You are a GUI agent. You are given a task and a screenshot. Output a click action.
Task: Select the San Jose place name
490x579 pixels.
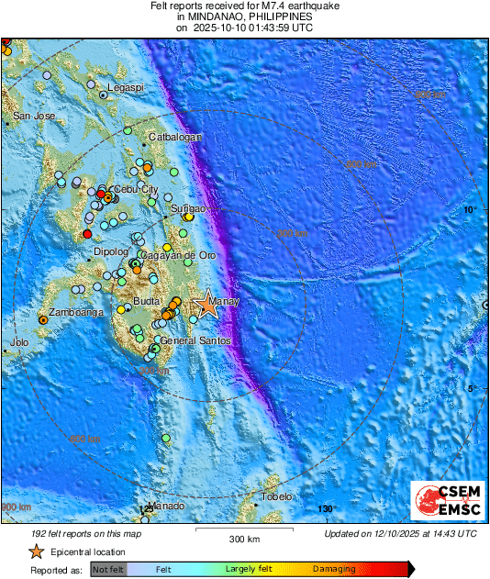click(x=33, y=117)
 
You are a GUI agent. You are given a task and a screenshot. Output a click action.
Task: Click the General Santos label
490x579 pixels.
click(x=195, y=340)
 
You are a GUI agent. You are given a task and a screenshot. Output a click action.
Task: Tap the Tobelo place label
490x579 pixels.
click(x=275, y=496)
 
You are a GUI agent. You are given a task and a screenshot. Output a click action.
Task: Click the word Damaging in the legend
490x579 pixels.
click(x=334, y=570)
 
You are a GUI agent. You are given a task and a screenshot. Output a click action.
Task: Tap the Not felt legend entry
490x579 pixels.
click(x=107, y=570)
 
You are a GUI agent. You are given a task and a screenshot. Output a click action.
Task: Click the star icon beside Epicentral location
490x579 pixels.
click(x=36, y=551)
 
